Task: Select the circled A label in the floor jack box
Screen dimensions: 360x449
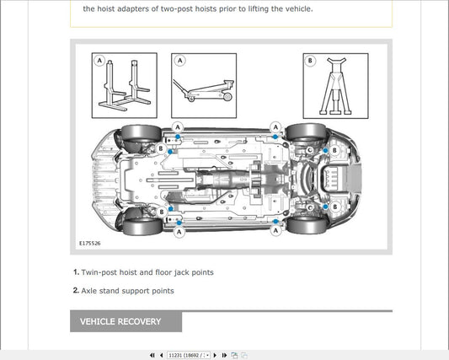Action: tap(179, 61)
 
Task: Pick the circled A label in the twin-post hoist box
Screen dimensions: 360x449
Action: tap(99, 61)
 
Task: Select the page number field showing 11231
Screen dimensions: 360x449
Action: tap(188, 355)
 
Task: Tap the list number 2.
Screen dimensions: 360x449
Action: tap(75, 291)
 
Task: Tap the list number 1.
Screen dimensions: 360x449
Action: tap(75, 272)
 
